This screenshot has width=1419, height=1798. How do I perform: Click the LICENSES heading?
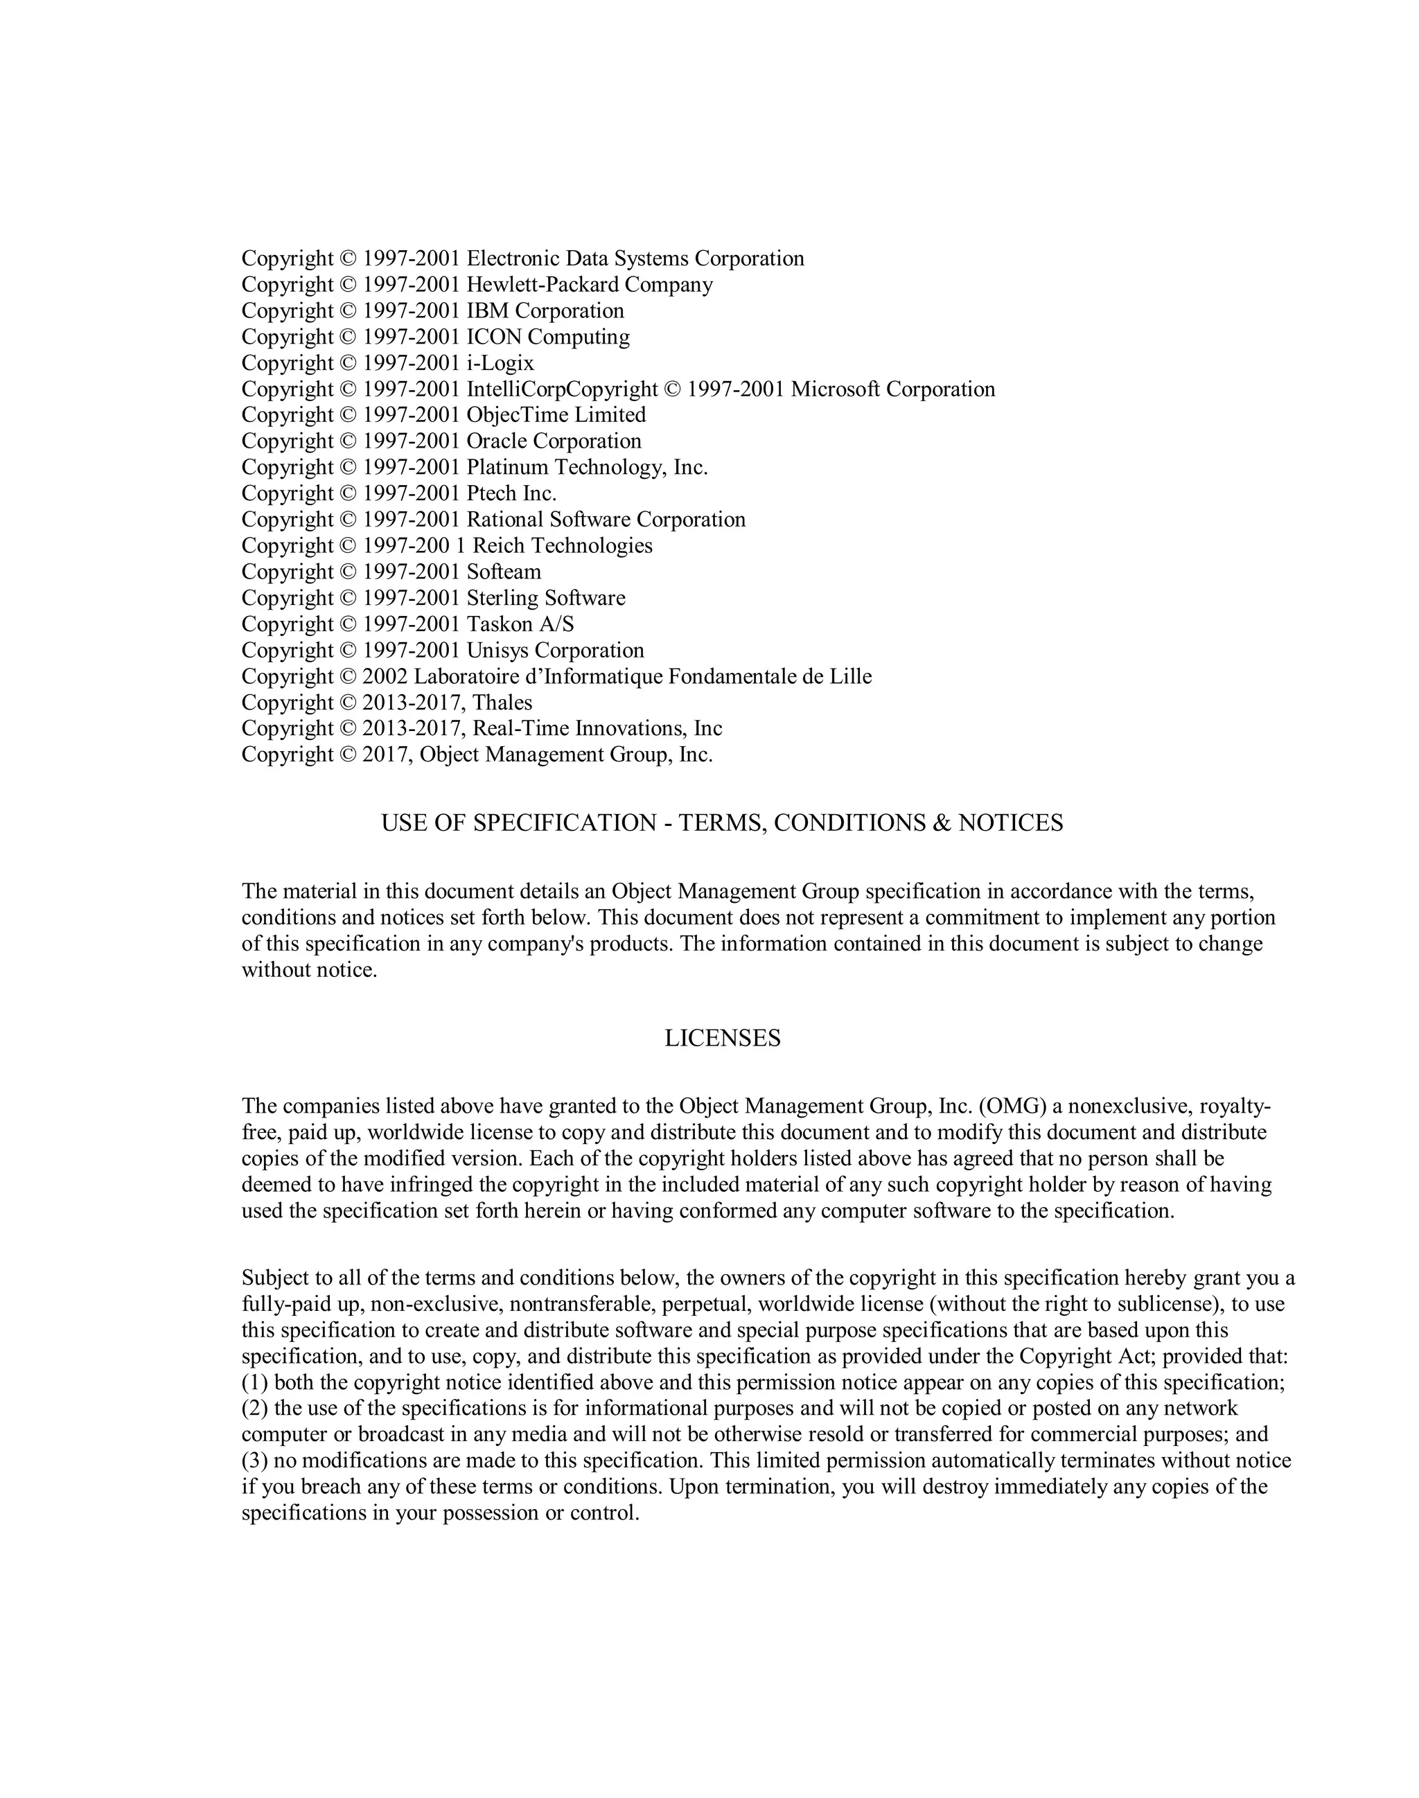722,1039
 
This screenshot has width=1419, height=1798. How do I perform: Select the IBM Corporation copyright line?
432,310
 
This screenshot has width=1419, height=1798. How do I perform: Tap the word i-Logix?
500,363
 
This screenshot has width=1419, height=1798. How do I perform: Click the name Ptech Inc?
511,493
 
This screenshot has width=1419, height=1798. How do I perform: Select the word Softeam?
504,572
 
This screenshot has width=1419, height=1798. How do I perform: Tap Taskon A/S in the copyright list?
520,624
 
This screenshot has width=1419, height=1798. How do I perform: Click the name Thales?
502,703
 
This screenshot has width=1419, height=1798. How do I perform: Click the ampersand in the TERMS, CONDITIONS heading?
942,823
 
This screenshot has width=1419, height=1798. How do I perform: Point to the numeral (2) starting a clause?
254,1409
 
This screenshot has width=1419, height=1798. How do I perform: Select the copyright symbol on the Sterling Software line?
347,598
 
